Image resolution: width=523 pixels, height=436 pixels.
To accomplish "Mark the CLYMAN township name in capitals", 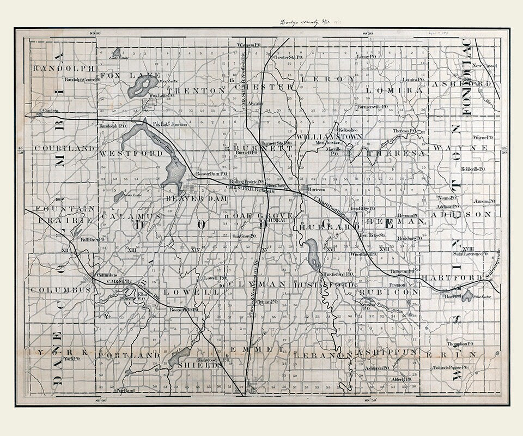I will point(258,284).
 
